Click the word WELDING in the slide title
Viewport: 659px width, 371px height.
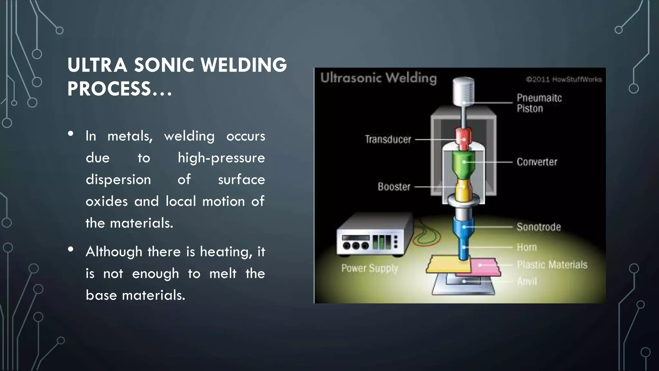tap(244, 65)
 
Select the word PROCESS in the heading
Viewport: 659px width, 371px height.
tap(109, 89)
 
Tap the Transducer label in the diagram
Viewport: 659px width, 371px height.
tap(388, 139)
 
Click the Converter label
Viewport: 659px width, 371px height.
tap(537, 162)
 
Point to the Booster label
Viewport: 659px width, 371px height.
tap(394, 187)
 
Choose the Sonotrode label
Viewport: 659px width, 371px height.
tap(539, 227)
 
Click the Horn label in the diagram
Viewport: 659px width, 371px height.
tap(527, 247)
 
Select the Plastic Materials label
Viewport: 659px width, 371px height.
tap(552, 265)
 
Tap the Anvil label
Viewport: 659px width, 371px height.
tap(527, 281)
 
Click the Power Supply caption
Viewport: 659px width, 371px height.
tap(370, 268)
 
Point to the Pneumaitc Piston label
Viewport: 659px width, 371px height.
tap(539, 103)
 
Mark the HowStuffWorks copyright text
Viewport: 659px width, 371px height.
tap(564, 80)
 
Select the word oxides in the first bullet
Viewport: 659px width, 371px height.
tap(107, 202)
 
